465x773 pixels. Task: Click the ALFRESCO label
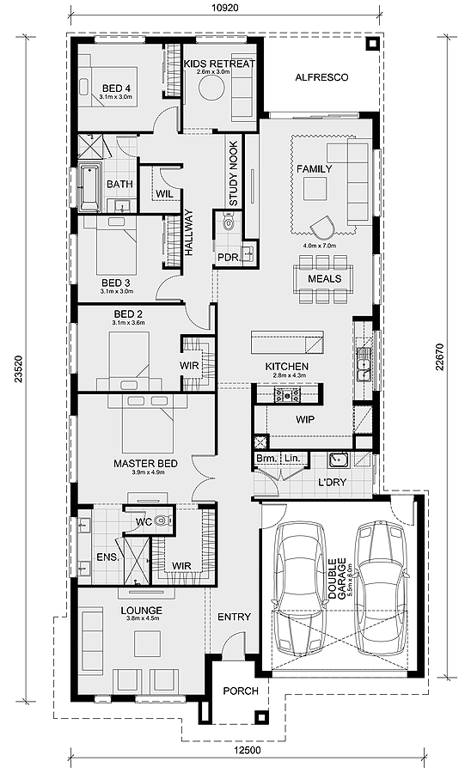321,77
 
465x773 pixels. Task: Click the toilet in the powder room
228,223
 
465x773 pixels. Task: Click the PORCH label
240,691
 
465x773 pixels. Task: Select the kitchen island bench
287,342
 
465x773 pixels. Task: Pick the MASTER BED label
145,464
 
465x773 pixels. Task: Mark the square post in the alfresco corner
371,46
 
